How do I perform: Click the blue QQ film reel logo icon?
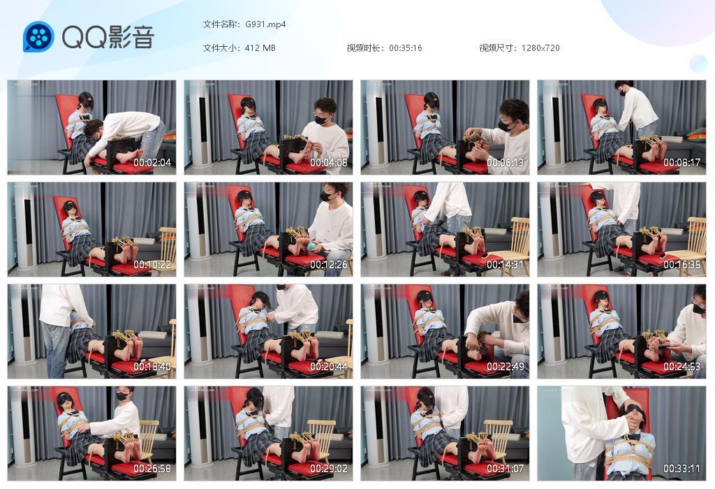(x=38, y=37)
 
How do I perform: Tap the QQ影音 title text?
(x=108, y=37)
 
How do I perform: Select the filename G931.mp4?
(x=265, y=24)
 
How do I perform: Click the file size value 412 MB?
(x=260, y=48)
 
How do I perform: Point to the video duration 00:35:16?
(x=405, y=48)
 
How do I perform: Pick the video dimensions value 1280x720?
(x=540, y=48)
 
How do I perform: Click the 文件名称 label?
(x=221, y=24)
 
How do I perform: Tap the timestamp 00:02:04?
(x=152, y=163)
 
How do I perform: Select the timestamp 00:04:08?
(x=329, y=163)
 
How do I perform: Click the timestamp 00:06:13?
(x=506, y=163)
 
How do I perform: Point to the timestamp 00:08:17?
(x=682, y=163)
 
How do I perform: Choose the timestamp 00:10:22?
(x=152, y=265)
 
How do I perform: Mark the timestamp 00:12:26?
(x=329, y=265)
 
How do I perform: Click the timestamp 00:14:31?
(x=506, y=265)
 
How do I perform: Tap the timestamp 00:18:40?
(x=152, y=367)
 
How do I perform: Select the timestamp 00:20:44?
(x=329, y=367)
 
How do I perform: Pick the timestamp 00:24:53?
(x=682, y=367)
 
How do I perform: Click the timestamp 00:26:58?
(x=152, y=469)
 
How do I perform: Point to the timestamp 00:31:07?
(x=506, y=469)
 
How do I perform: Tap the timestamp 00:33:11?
(x=682, y=469)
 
